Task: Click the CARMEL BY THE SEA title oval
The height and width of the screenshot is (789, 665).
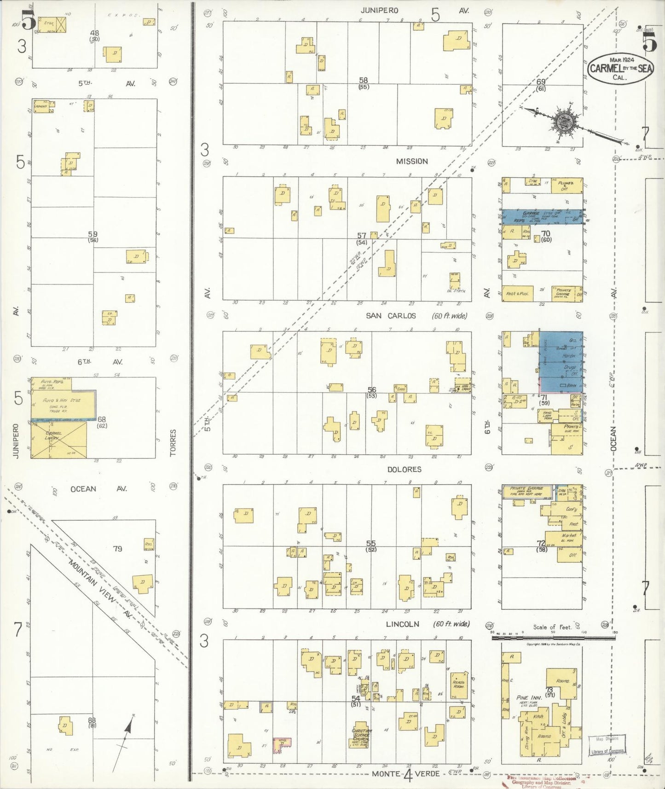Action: (621, 68)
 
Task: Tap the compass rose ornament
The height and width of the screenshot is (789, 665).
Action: (562, 122)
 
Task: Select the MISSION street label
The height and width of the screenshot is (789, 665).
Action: (412, 161)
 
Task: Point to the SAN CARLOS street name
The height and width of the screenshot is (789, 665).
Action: (391, 316)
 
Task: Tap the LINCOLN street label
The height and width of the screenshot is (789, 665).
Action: (403, 624)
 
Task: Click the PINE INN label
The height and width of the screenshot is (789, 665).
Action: (528, 698)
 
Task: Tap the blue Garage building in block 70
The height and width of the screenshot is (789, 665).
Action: (542, 217)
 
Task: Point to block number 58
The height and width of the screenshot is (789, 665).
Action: (364, 80)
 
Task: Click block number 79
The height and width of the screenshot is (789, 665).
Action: (118, 548)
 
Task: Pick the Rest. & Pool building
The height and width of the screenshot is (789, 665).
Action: (517, 293)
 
